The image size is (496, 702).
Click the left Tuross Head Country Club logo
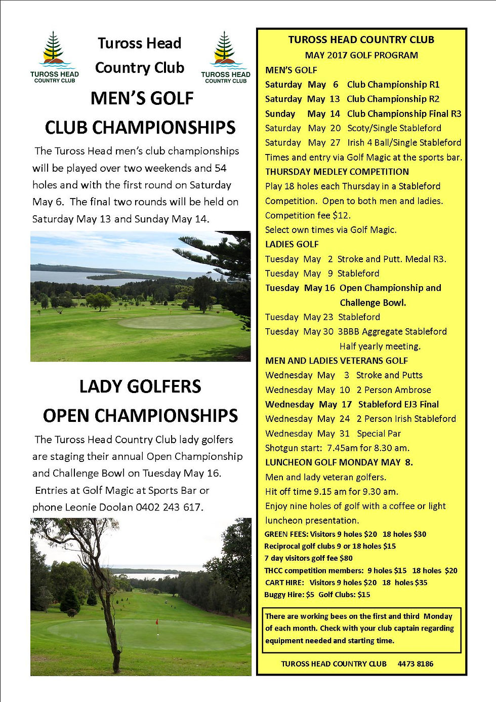click(54, 57)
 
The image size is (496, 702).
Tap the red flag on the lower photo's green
click(157, 621)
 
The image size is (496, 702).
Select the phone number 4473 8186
click(415, 664)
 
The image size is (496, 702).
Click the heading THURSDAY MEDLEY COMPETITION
click(337, 172)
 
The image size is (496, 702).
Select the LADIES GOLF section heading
click(292, 244)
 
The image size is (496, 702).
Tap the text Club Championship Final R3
click(404, 113)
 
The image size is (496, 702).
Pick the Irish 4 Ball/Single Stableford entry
click(404, 142)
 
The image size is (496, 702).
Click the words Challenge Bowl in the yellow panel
click(373, 302)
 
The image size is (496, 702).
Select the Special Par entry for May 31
click(379, 434)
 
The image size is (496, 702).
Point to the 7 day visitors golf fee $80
click(308, 558)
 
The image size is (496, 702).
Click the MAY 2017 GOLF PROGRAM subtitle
click(361, 55)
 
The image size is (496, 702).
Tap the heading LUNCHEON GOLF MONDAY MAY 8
click(339, 462)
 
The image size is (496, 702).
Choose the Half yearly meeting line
click(380, 346)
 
